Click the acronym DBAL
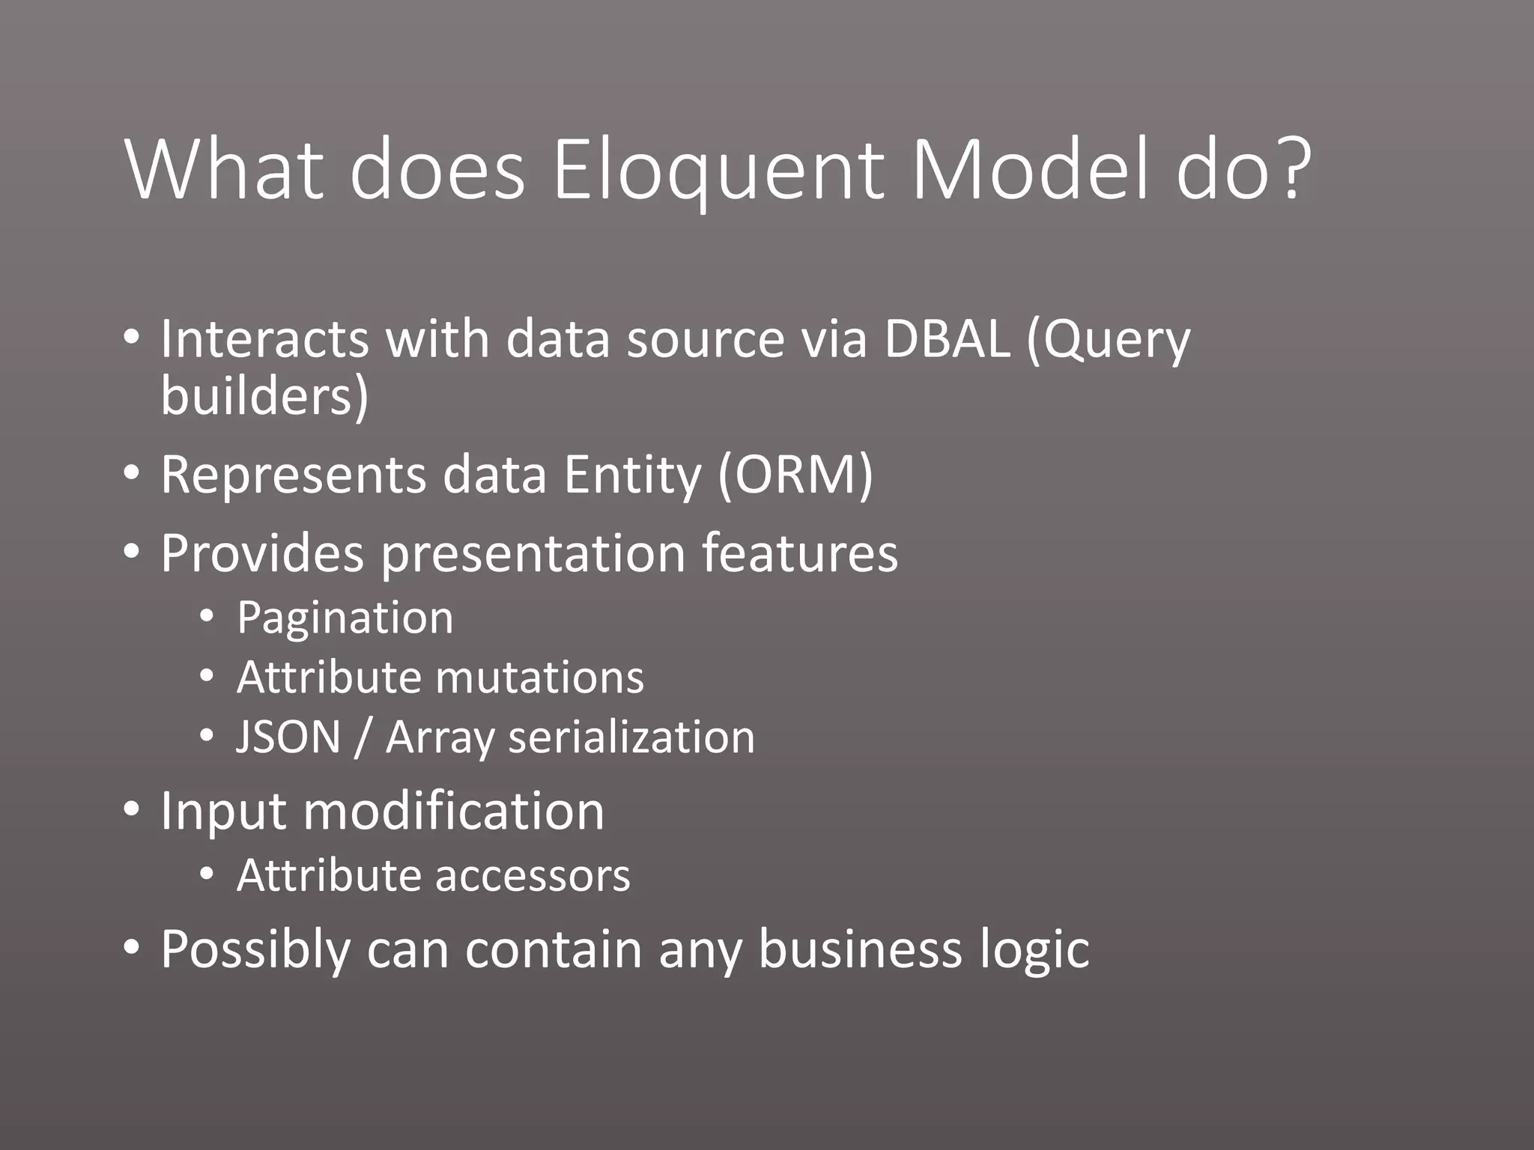click(947, 339)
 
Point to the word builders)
click(264, 396)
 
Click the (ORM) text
click(795, 475)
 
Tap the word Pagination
click(345, 618)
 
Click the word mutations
click(539, 678)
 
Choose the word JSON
click(288, 737)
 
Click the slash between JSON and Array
click(363, 738)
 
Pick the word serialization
click(631, 737)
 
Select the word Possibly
click(255, 950)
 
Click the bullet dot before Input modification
click(132, 809)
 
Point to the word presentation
click(533, 554)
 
